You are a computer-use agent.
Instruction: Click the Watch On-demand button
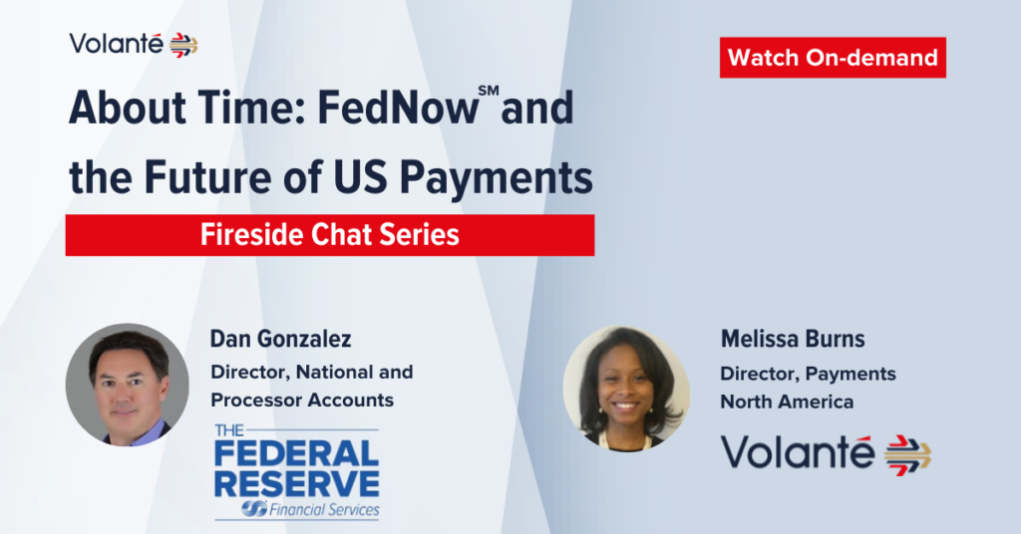[x=833, y=57]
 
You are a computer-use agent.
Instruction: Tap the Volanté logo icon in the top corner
[x=183, y=46]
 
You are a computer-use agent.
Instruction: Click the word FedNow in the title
[x=398, y=108]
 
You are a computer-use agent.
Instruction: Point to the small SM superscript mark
[x=489, y=91]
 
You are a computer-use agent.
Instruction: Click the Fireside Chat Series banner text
[x=329, y=235]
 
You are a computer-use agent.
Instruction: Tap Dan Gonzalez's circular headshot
[x=128, y=385]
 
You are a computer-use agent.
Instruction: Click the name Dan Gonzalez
[x=280, y=339]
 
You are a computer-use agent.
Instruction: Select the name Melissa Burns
[x=793, y=339]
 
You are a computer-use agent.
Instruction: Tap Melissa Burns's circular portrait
[x=626, y=388]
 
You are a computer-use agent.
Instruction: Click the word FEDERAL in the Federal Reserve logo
[x=297, y=453]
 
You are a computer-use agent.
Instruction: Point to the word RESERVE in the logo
[x=297, y=484]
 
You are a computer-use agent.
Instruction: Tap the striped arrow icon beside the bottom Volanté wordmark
[x=907, y=454]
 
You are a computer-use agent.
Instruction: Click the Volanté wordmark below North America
[x=797, y=451]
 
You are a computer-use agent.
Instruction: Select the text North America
[x=787, y=401]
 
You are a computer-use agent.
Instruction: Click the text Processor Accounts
[x=302, y=400]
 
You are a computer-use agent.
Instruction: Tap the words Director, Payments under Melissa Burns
[x=808, y=374]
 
